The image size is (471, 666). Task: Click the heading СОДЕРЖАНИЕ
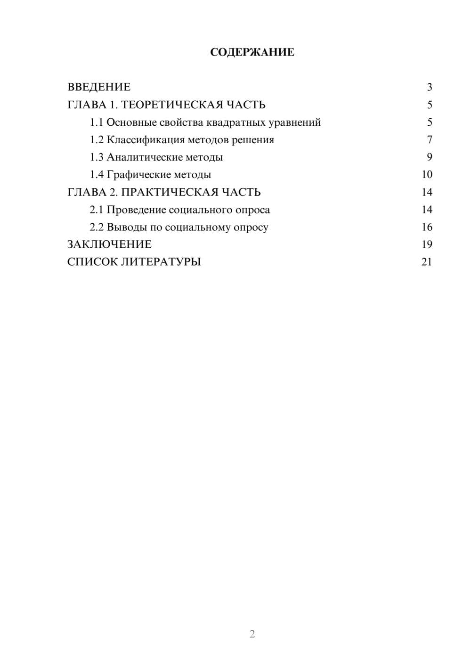coord(252,52)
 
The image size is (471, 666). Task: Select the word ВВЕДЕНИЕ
coord(99,87)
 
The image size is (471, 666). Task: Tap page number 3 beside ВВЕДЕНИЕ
coord(429,87)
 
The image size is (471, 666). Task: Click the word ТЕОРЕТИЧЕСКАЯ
coord(172,105)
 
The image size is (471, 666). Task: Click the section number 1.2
coord(97,140)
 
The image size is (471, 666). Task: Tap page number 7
coord(429,140)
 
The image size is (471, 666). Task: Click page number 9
coord(429,157)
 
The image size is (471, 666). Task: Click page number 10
coord(427,175)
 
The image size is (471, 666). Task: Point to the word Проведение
coord(136,210)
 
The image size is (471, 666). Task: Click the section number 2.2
coord(97,227)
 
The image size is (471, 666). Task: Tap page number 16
coord(427,227)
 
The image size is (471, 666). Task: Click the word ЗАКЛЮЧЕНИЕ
coord(109,244)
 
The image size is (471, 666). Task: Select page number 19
coord(427,244)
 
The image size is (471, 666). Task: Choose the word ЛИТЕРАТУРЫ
coord(161,262)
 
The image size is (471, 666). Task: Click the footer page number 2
coord(252,634)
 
